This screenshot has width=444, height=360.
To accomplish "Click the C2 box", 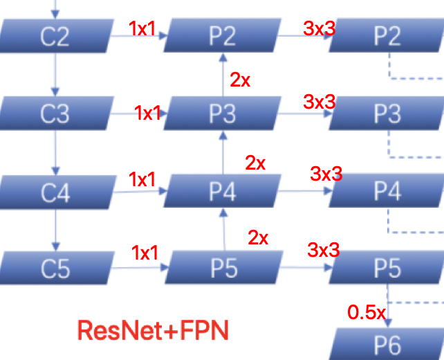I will tap(55, 35).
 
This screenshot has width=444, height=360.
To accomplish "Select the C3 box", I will tap(55, 112).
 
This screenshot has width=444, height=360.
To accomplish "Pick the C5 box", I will tap(55, 267).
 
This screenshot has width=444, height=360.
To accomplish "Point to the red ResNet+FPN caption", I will tap(153, 329).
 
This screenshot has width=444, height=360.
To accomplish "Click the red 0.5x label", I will tap(366, 312).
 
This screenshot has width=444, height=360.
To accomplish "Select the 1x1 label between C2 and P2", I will tap(142, 28).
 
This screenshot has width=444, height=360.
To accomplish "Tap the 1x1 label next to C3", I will tap(148, 112).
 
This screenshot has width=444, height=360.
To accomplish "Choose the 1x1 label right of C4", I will tap(142, 179).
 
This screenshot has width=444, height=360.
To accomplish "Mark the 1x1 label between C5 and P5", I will tap(145, 253).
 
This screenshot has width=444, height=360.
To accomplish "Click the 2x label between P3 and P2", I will tap(240, 80).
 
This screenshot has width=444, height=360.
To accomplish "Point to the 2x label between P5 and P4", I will tap(258, 238).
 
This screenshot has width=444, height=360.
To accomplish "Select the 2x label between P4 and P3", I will tap(255, 163).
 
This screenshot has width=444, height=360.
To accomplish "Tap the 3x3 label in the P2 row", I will tap(320, 28).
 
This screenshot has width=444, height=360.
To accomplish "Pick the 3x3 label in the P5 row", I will tap(323, 250).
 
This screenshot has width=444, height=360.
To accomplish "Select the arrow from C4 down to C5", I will tap(55, 229).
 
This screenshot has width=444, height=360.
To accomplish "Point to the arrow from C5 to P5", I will tap(139, 267).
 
